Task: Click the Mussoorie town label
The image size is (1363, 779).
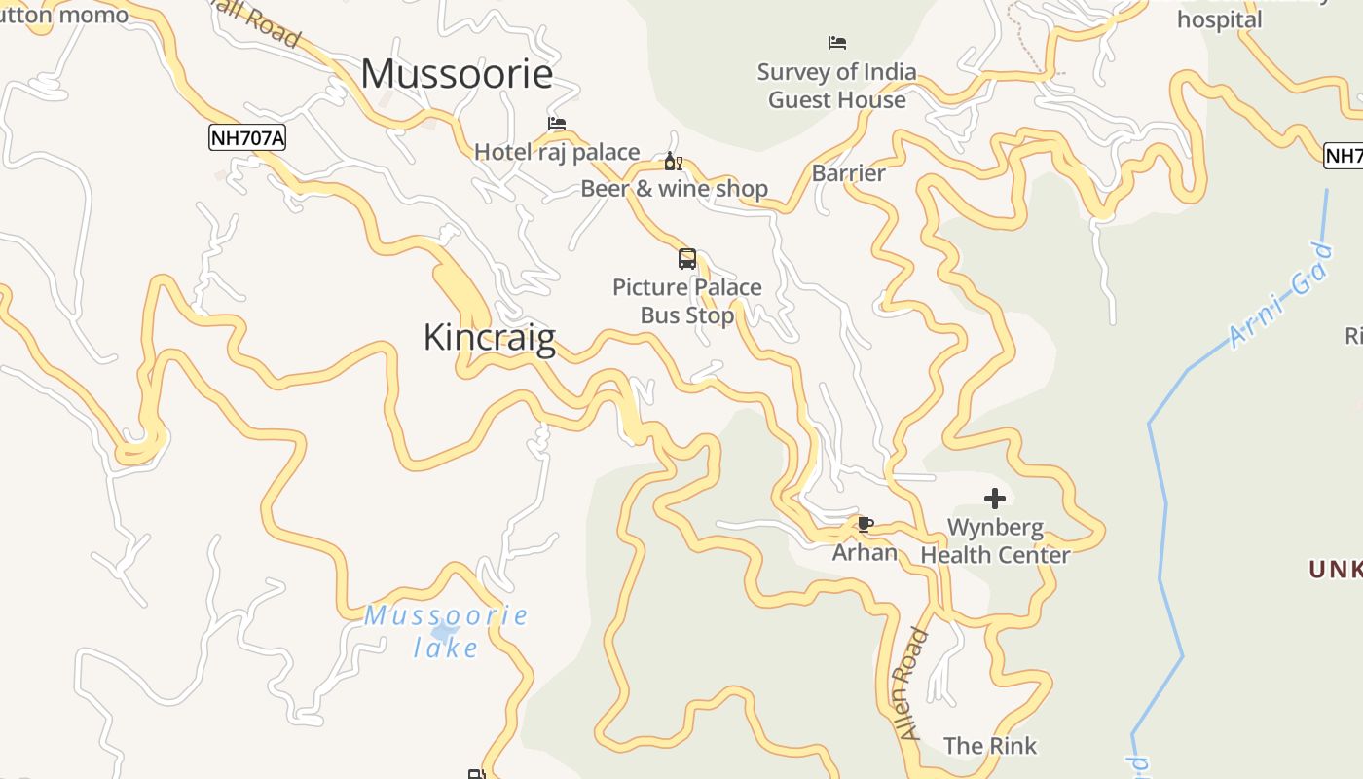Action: coord(457,74)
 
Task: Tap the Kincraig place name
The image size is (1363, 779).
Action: coord(490,338)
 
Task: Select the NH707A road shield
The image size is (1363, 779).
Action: coord(247,138)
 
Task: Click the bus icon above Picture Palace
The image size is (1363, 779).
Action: coord(687,259)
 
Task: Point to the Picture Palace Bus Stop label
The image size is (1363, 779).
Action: coord(687,301)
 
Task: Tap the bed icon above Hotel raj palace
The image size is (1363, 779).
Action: coord(557,124)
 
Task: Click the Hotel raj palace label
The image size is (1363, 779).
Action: coord(557,152)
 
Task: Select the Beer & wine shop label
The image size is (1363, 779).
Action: coord(675,189)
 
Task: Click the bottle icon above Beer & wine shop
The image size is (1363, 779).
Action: coord(672,162)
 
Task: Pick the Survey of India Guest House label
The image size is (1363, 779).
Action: coord(837,86)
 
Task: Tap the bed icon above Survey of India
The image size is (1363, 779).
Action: coord(837,43)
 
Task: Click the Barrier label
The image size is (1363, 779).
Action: coord(849,173)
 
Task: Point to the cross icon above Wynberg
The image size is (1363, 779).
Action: coord(994,499)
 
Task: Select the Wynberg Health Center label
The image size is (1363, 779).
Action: coord(995,541)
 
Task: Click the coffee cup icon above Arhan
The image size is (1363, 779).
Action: coord(865,525)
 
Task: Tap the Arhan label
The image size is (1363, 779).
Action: coord(865,553)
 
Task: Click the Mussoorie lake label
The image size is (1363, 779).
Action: coord(447,631)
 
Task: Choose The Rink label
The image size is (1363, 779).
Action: coord(990,746)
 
